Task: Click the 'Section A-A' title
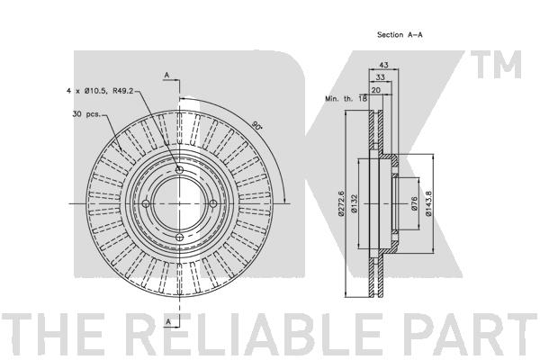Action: tap(400, 34)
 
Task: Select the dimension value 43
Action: tap(383, 65)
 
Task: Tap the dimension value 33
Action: tap(380, 77)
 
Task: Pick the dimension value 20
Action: tap(376, 90)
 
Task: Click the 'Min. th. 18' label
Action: tap(346, 98)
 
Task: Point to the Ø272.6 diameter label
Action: tap(341, 203)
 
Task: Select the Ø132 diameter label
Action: tap(355, 203)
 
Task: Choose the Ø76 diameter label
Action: tap(414, 203)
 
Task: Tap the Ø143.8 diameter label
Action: tap(428, 203)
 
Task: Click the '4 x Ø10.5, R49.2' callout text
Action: tap(100, 91)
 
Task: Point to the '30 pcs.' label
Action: tap(86, 113)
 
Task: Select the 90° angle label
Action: tap(256, 125)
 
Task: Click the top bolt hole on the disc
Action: tap(179, 170)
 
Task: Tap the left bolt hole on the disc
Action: tap(146, 203)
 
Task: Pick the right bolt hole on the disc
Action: tap(213, 203)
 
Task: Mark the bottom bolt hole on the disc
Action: tap(179, 238)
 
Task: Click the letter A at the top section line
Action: tap(167, 75)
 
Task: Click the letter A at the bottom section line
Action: tap(168, 321)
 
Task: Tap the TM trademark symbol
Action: tap(496, 65)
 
